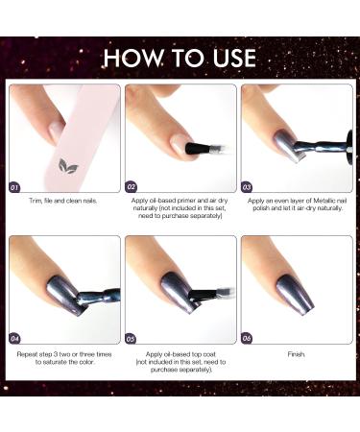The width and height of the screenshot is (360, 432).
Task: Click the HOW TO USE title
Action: click(180, 56)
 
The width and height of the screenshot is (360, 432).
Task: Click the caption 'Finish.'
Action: click(297, 354)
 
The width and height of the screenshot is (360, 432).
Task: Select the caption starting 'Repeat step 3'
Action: click(63, 359)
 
